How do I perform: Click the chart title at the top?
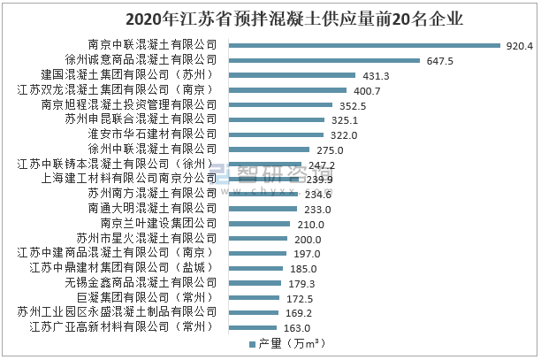[x=270, y=17]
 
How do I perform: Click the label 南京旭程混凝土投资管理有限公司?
[x=129, y=104]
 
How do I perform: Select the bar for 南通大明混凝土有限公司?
[x=258, y=209]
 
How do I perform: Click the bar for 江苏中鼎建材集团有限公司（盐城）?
[x=251, y=268]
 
